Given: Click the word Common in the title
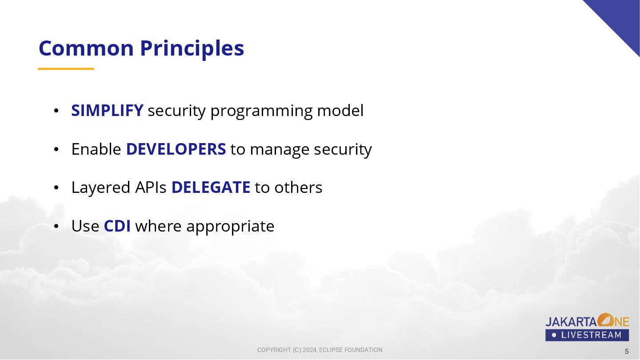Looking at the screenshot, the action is [86, 48].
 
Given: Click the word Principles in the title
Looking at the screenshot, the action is [192, 49].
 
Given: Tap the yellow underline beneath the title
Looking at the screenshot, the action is [66, 68].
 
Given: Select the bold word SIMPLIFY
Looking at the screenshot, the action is [107, 110].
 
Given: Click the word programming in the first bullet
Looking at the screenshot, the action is [261, 112].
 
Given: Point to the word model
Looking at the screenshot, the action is [340, 110].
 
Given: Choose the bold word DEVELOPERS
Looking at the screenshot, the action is [176, 149].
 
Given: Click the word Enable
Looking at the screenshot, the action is [96, 149].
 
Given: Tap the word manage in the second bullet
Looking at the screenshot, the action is [280, 150].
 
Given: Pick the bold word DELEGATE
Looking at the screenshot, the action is [211, 187].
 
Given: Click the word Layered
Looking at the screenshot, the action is [101, 188].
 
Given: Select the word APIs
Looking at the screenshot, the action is [151, 187].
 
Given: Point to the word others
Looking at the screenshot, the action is [298, 187].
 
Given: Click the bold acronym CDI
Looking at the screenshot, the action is [117, 226].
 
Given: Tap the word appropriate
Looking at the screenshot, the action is [230, 227].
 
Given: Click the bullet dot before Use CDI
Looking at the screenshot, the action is [56, 226].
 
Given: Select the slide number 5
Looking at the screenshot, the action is [627, 351].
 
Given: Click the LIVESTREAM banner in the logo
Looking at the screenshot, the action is [587, 335].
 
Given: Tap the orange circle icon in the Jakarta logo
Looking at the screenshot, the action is [606, 320].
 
